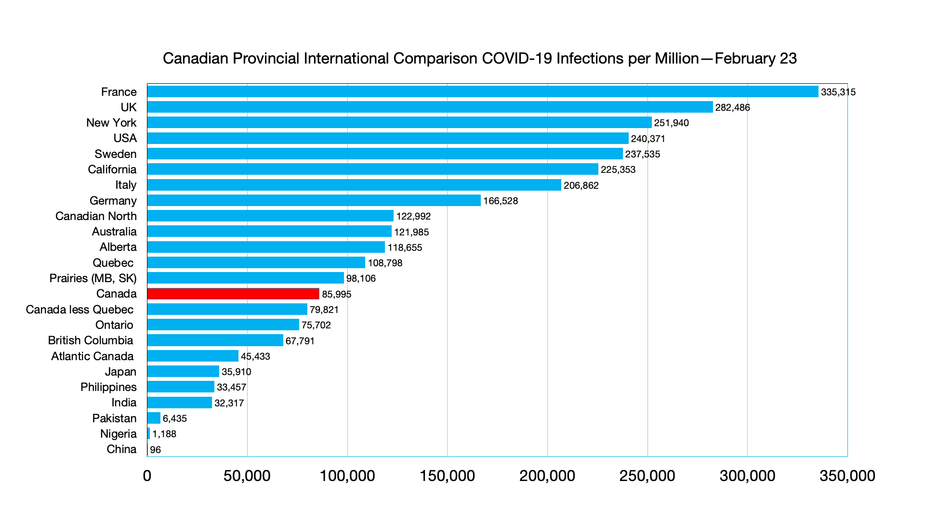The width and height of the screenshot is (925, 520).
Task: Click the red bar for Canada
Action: tap(233, 294)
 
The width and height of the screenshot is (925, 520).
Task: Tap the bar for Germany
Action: tap(314, 200)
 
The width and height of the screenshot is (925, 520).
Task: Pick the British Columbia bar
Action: tap(215, 340)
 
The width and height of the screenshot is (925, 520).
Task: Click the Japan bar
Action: tap(183, 371)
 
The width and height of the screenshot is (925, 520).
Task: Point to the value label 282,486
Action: tap(732, 107)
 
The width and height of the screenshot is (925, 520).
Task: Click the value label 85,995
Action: tap(336, 294)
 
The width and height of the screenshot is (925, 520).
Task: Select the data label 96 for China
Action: tap(155, 450)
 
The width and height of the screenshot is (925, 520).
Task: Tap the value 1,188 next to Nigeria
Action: tap(164, 434)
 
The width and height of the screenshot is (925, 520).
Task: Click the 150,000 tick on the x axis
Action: tap(447, 476)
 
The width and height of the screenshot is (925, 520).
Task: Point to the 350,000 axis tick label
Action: tap(847, 476)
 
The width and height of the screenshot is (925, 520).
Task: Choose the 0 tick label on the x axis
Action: tap(147, 476)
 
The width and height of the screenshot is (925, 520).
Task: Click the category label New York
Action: tap(111, 123)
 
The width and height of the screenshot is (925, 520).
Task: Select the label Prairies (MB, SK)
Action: tap(93, 278)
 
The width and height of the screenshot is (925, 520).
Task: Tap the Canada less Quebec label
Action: tap(79, 310)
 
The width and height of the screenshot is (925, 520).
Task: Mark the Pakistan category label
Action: tap(114, 418)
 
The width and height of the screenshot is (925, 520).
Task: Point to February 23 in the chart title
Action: tap(755, 58)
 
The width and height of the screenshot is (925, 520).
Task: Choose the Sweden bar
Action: tap(384, 154)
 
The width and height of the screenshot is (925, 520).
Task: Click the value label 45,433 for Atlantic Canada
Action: tap(255, 356)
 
